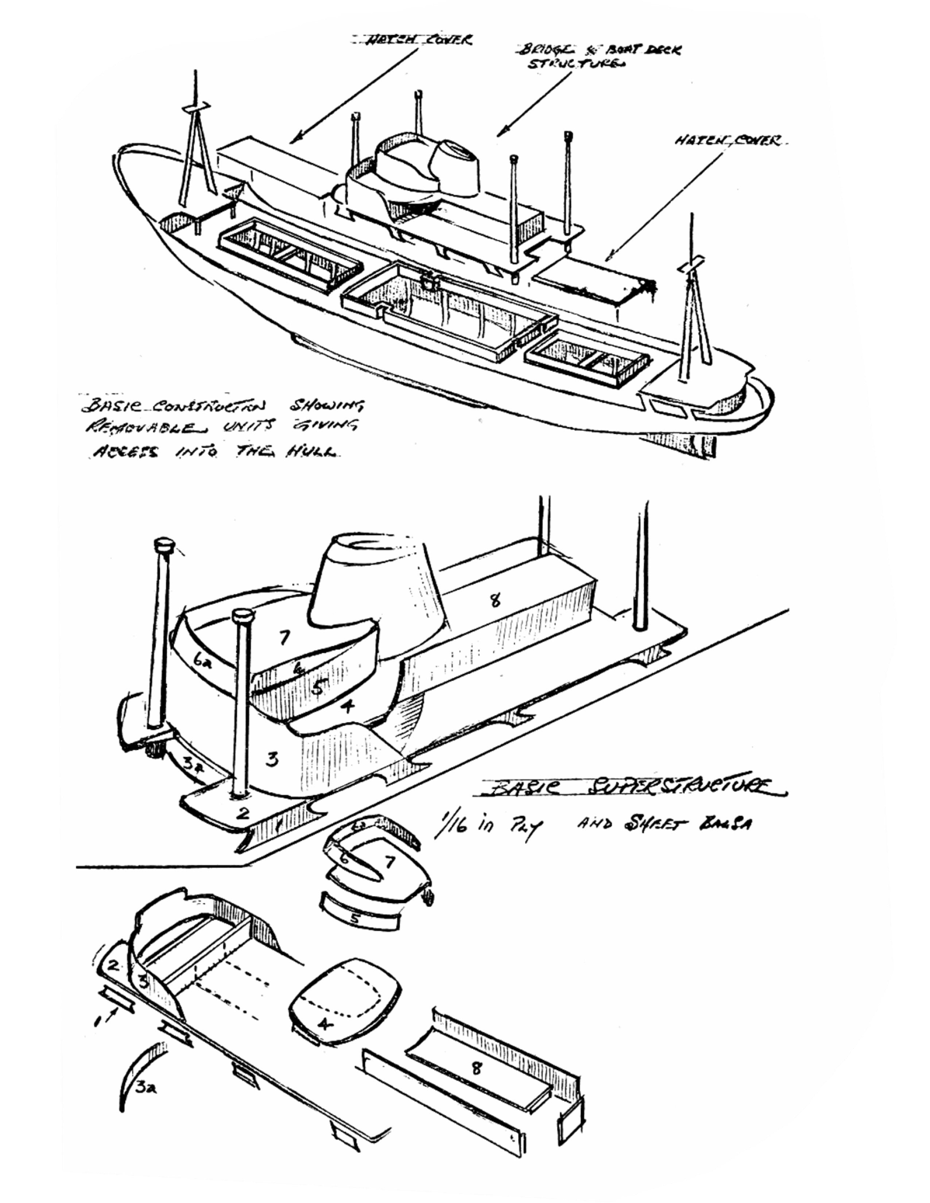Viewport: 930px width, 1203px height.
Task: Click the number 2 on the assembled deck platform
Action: tap(243, 813)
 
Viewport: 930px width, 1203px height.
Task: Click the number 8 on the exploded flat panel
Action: tap(476, 1069)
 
